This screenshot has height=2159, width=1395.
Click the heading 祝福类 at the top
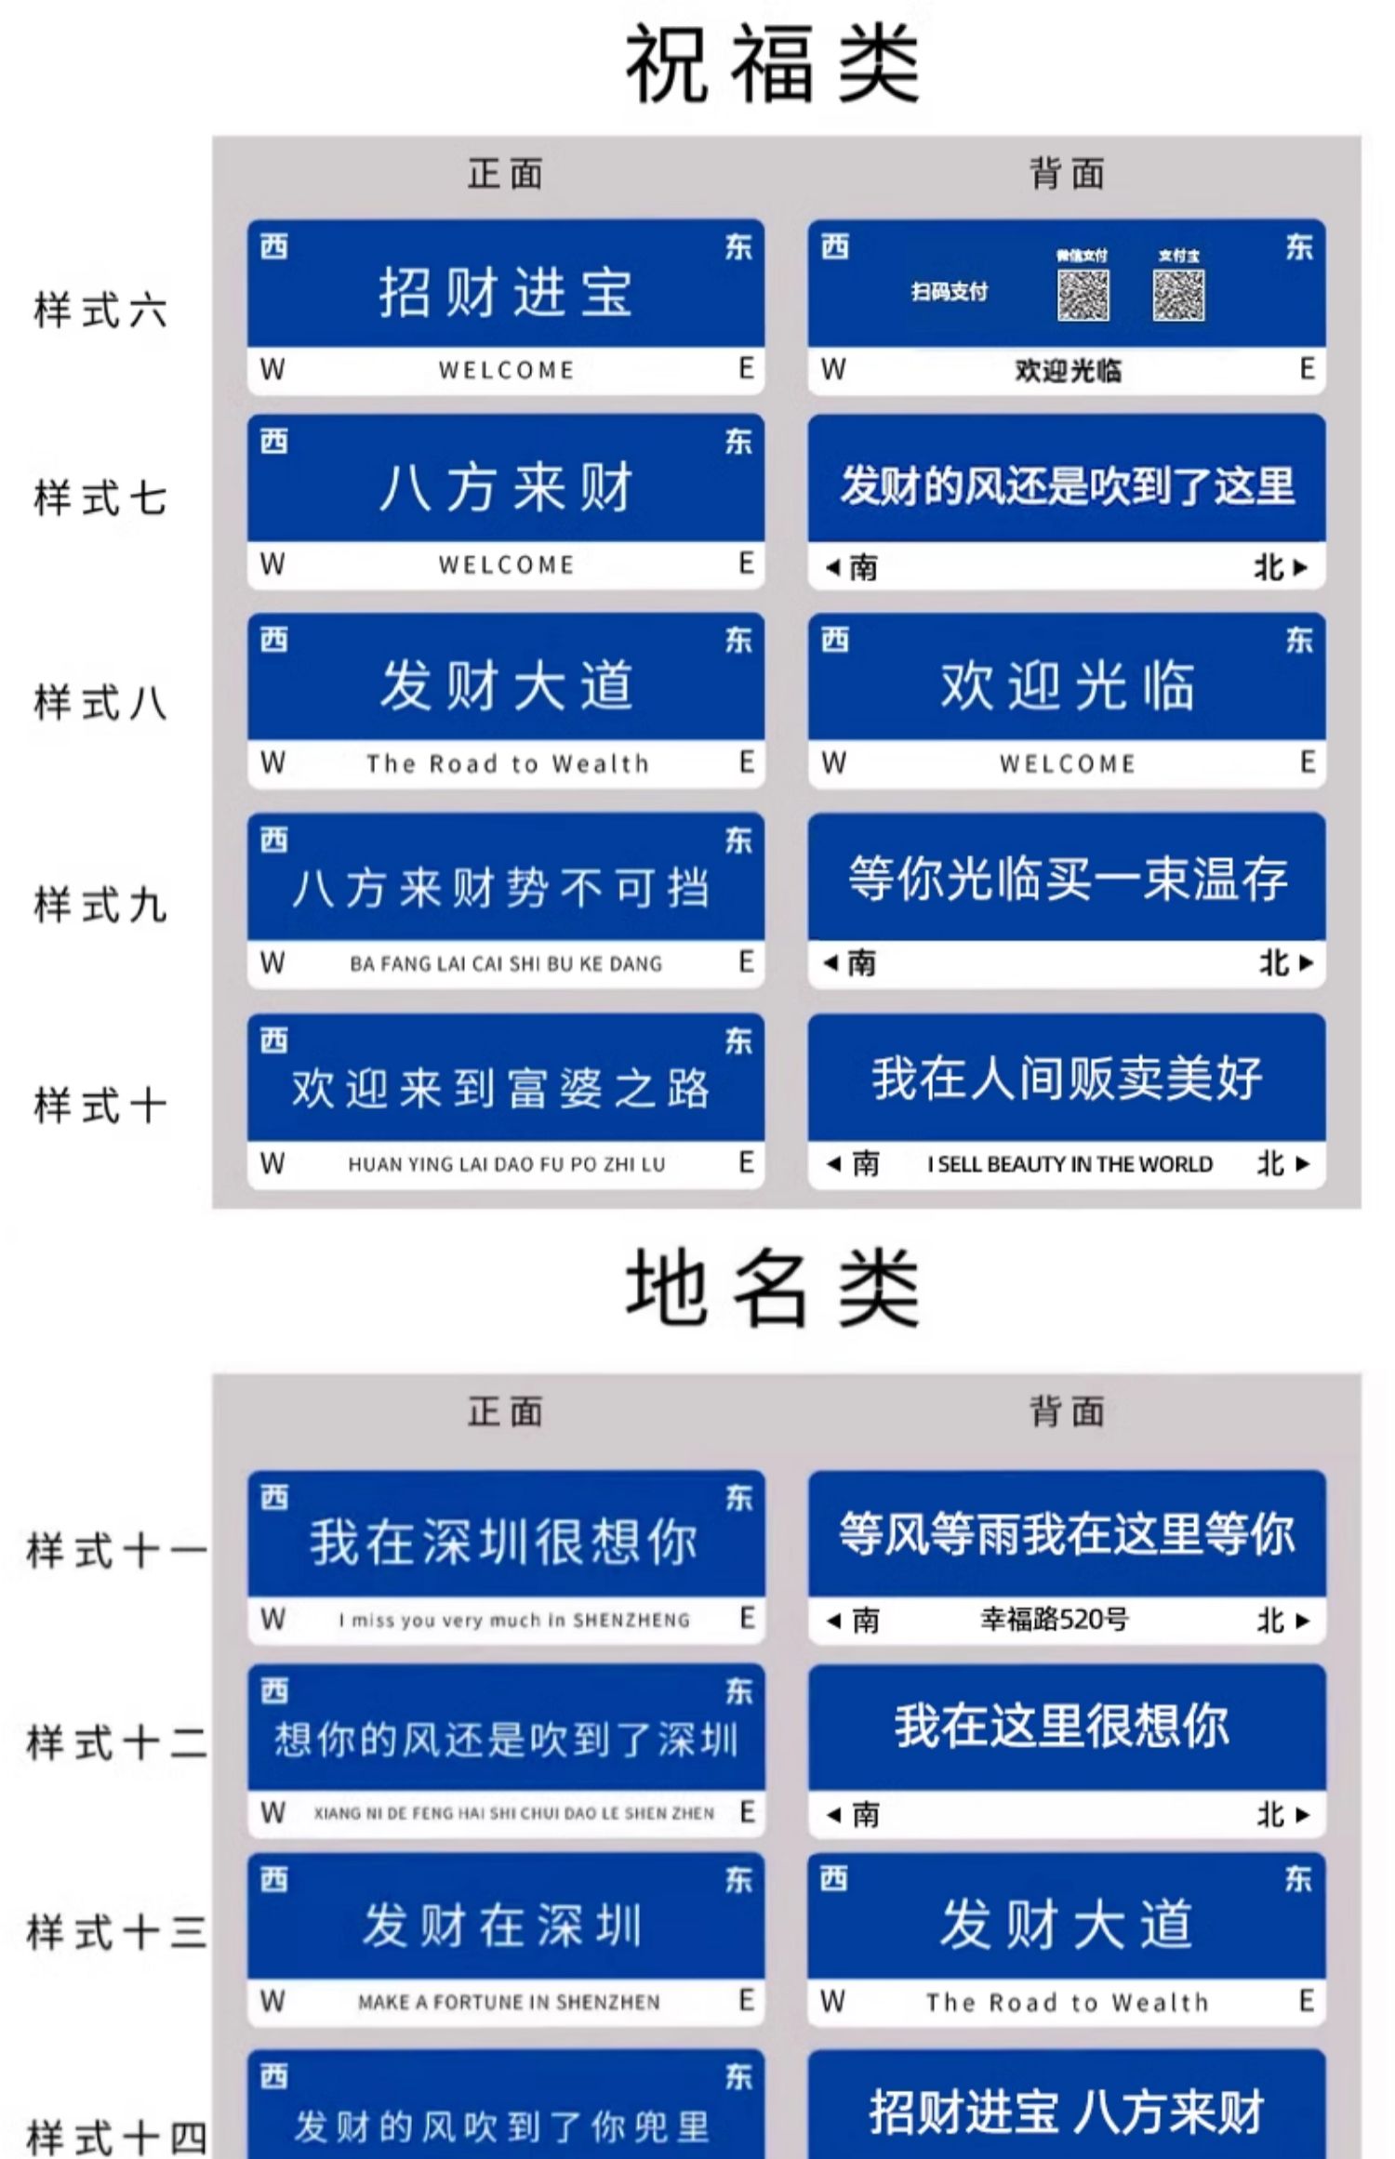pos(772,63)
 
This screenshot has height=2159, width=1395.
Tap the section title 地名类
pos(772,1289)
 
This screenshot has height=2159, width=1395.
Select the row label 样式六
pos(100,310)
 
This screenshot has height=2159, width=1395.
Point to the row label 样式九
pos(100,905)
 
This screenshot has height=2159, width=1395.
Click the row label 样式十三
pos(116,1932)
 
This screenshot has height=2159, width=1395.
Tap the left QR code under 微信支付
pos(1083,296)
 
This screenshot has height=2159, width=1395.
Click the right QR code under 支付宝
pos(1178,296)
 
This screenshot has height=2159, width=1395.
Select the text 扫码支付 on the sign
pos(949,292)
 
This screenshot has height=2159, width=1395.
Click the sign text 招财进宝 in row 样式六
pos(506,292)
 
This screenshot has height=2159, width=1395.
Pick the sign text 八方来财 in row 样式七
pos(506,487)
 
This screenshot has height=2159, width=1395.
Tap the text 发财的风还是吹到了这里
pos(1067,485)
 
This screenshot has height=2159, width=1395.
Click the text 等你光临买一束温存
pos(1067,879)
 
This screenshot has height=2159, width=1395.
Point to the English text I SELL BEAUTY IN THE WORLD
pos(1069,1164)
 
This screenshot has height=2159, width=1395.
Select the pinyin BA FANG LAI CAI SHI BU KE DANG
pos(506,964)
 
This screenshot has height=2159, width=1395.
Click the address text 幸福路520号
pos(1054,1620)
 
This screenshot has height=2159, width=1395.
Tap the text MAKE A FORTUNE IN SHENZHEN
pos(509,2002)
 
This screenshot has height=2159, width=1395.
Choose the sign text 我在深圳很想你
pos(504,1542)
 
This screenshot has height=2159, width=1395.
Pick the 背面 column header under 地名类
pos(1067,1411)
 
